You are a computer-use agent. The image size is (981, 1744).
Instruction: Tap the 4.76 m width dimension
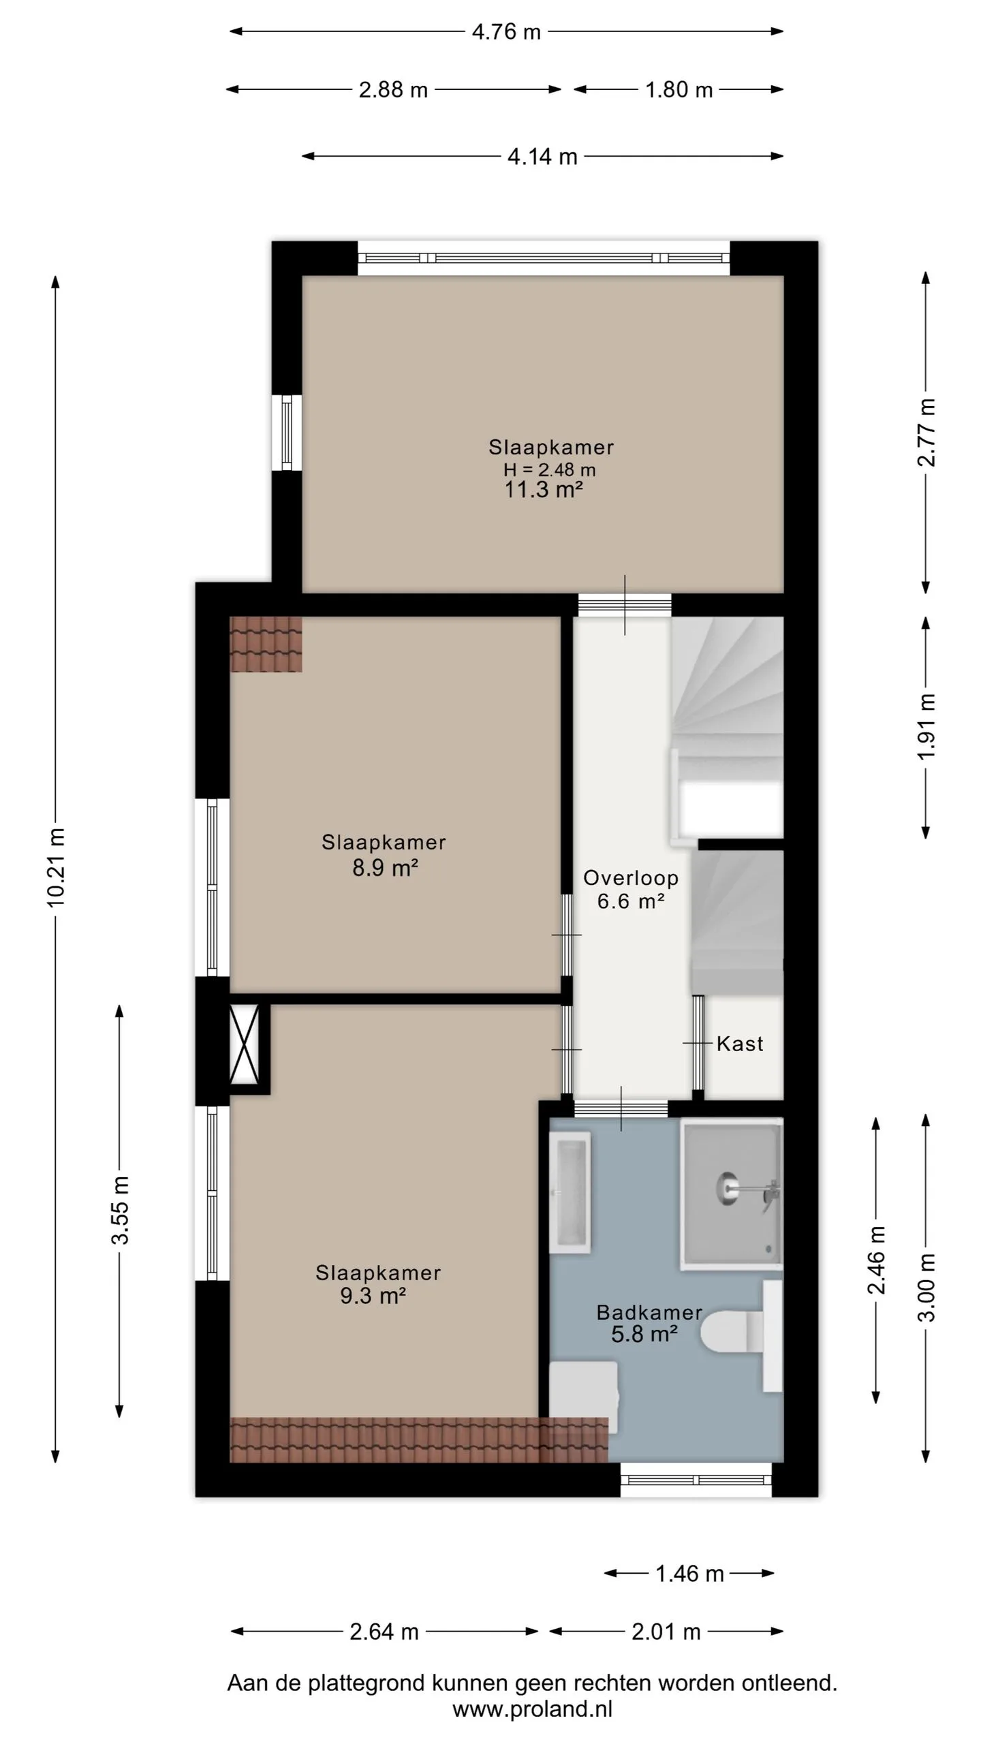pyautogui.click(x=506, y=32)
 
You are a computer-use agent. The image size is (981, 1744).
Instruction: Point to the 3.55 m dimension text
pyautogui.click(x=120, y=1209)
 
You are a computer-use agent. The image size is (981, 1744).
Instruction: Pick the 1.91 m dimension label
pyautogui.click(x=926, y=726)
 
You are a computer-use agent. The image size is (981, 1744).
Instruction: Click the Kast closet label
pyautogui.click(x=740, y=1044)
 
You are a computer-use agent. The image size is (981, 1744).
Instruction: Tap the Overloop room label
pyautogui.click(x=631, y=877)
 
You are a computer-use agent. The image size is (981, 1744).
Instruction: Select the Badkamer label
pyautogui.click(x=649, y=1312)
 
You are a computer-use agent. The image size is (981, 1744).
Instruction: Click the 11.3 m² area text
pyautogui.click(x=544, y=489)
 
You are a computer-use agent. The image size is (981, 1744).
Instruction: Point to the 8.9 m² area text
pyautogui.click(x=385, y=868)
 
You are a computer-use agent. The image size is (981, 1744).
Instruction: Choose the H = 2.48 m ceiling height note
pyautogui.click(x=550, y=469)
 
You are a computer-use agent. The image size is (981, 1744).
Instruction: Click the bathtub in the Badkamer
pyautogui.click(x=570, y=1193)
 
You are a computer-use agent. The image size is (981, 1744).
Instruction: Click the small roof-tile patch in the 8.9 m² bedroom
pyautogui.click(x=266, y=644)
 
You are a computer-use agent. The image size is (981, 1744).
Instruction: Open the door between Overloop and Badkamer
pyautogui.click(x=621, y=1108)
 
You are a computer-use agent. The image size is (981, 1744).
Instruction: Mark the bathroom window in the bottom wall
pyautogui.click(x=696, y=1480)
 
